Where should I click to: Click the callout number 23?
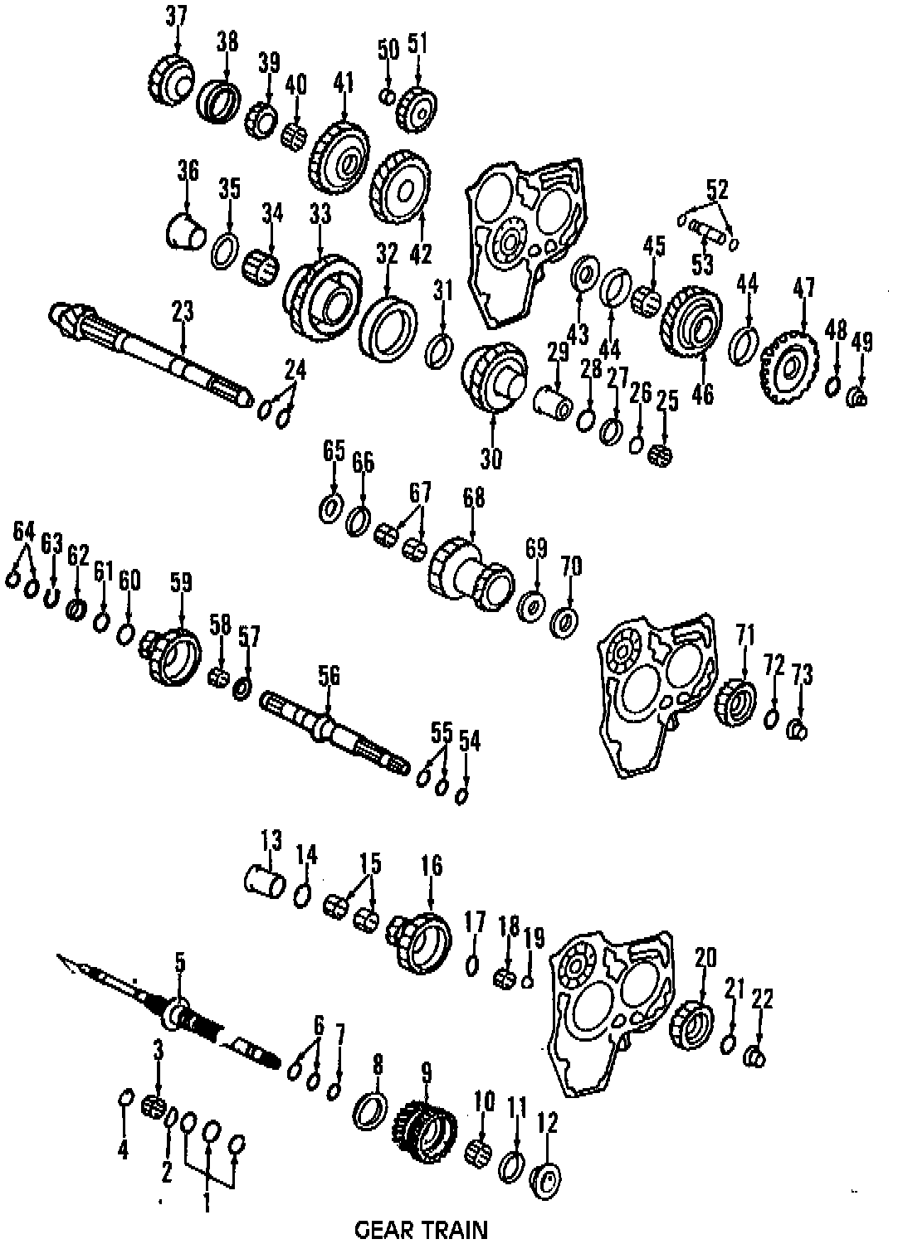coord(183,312)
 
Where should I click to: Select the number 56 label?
coord(329,676)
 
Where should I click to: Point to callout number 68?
coord(473,498)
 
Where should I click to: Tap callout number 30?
coord(491,459)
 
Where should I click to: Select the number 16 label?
coord(431,867)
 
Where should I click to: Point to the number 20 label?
coord(705,959)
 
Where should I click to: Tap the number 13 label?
coord(271,839)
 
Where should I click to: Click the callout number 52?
coord(717,190)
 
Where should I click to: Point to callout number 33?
coord(320,214)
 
